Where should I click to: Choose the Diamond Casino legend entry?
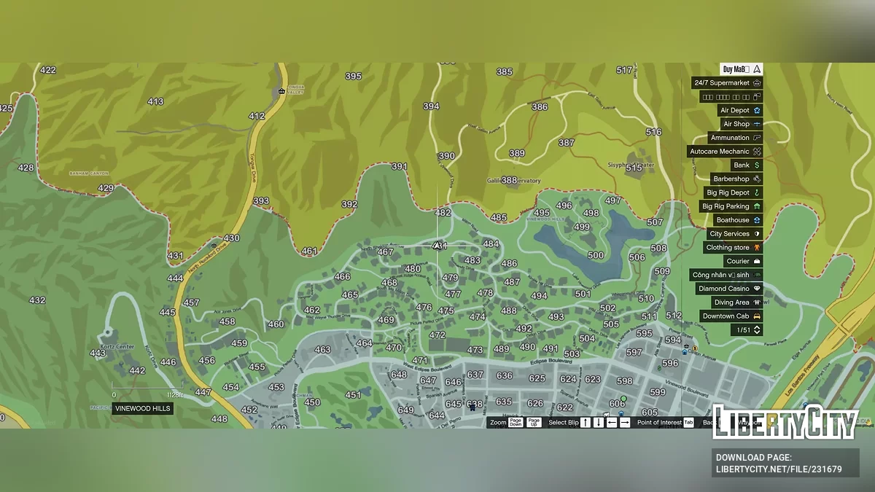729,289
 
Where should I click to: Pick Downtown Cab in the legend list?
731,316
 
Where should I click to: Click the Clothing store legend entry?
733,248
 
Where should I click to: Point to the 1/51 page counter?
747,330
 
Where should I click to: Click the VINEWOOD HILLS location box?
143,409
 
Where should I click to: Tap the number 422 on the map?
48,70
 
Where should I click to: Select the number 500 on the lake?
596,255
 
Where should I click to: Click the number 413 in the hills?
155,101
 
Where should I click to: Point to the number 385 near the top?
505,71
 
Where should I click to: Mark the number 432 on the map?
37,300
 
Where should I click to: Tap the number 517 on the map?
624,70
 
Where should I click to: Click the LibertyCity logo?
785,423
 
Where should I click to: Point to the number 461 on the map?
309,251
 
